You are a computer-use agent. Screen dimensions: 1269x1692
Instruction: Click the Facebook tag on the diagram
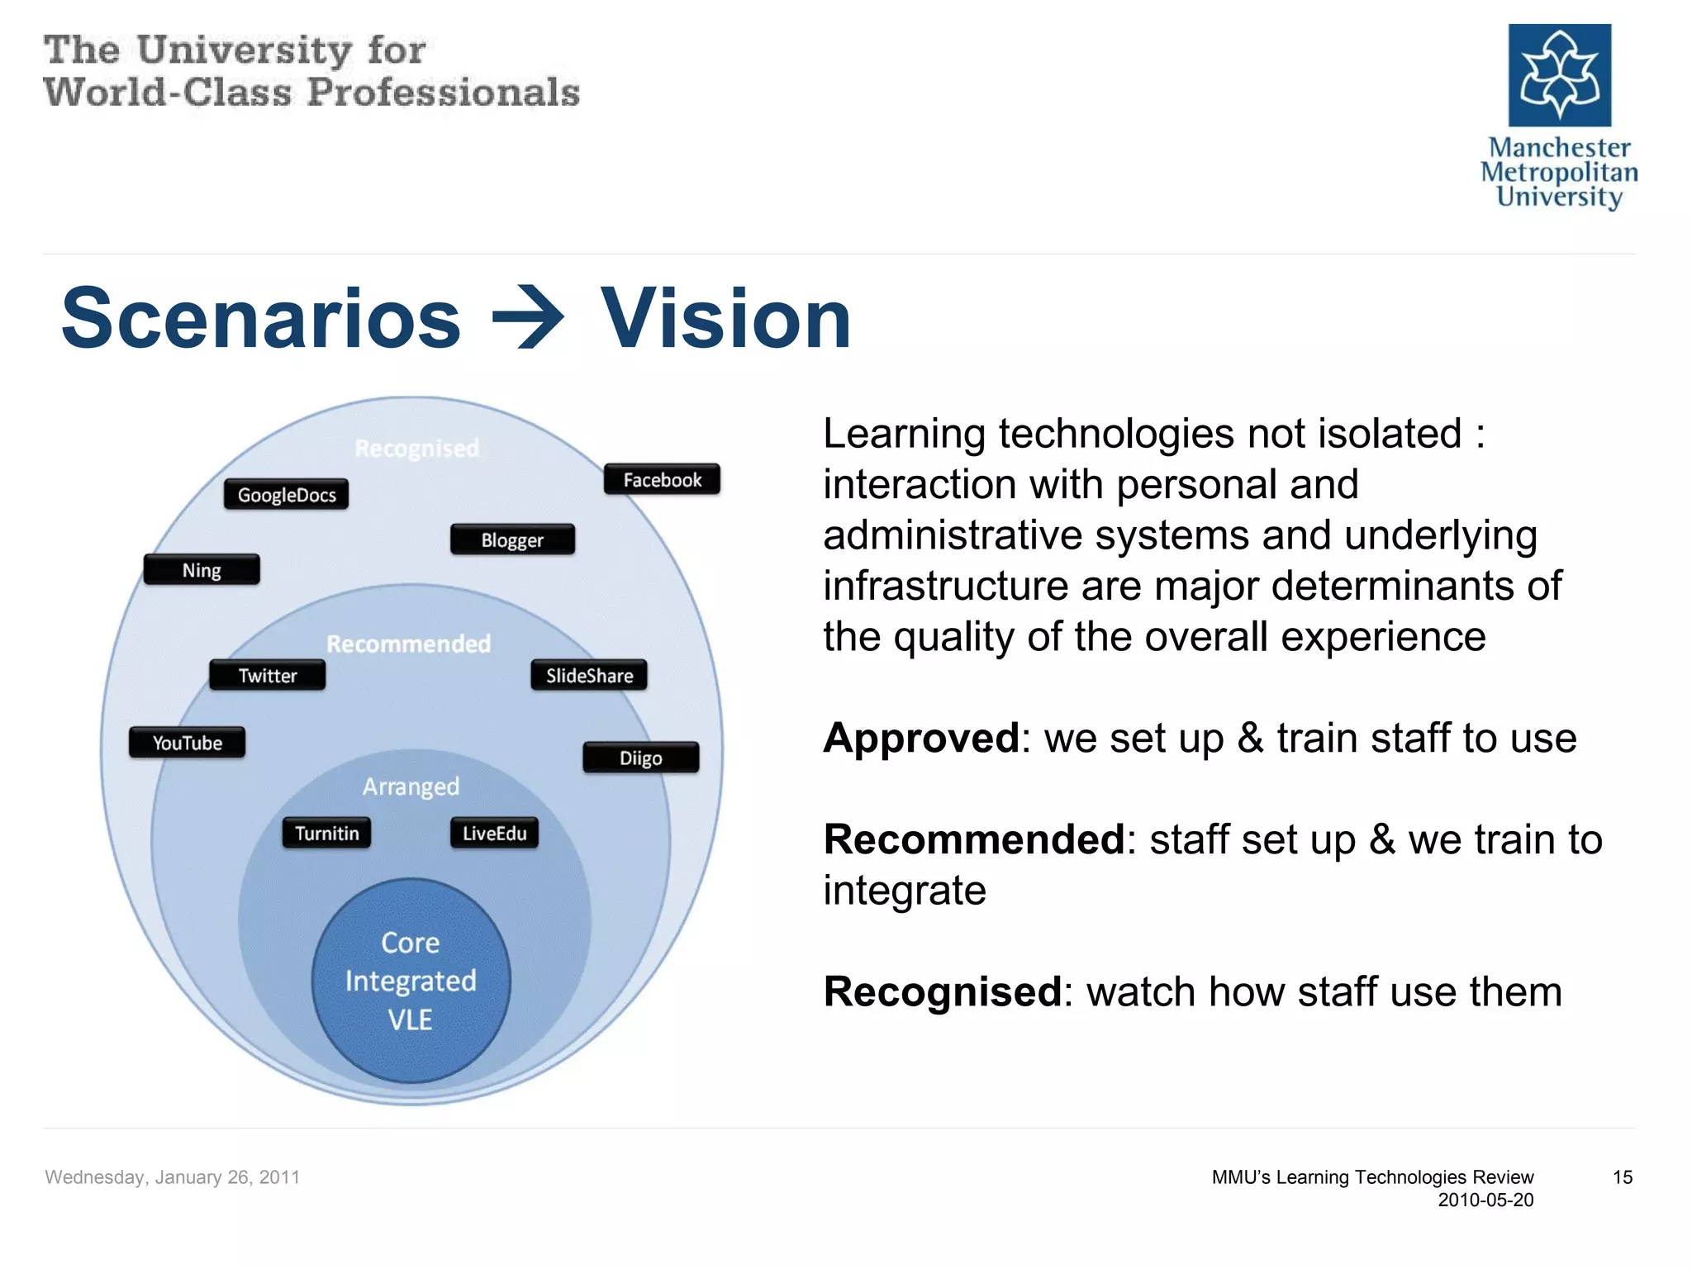point(662,480)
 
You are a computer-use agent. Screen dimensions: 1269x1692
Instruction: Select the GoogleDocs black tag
point(286,495)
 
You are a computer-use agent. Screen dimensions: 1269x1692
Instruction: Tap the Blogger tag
point(512,540)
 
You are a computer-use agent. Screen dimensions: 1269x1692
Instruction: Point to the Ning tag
point(202,570)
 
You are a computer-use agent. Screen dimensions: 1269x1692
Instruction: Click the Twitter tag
point(267,676)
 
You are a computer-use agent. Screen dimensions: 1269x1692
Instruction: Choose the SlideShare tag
point(589,676)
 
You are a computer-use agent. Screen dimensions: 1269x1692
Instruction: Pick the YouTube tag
point(187,743)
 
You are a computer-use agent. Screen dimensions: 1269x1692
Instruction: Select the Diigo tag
point(641,758)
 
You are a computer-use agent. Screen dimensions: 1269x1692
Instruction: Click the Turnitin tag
point(326,834)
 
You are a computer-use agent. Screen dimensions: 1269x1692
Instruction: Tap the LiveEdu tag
point(494,834)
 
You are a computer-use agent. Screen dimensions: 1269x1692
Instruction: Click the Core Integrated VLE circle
point(411,981)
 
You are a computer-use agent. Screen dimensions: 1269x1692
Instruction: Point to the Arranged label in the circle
point(411,787)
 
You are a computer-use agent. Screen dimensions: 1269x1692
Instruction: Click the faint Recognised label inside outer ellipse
point(416,449)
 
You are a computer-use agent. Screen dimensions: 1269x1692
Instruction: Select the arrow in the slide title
point(529,318)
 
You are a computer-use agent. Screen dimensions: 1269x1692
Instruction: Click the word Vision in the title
point(725,318)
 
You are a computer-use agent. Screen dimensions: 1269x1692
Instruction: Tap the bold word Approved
point(921,738)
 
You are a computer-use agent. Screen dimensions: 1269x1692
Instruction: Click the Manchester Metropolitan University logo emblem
point(1559,75)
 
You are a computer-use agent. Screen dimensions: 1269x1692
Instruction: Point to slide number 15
point(1622,1177)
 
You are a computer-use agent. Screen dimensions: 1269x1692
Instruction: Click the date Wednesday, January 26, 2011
point(172,1177)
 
